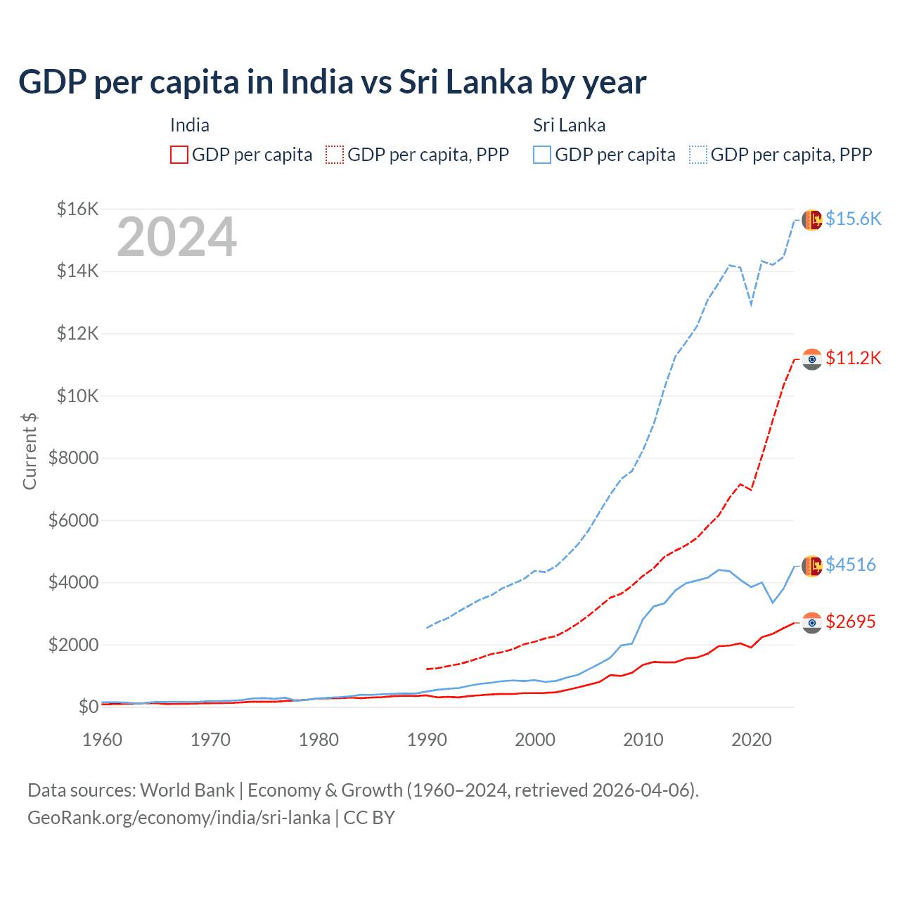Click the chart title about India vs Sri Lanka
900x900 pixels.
332,82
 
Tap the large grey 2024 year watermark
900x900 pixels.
176,238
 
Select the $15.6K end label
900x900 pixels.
853,219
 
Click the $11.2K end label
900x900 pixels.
853,358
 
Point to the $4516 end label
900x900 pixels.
850,565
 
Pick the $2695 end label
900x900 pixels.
850,622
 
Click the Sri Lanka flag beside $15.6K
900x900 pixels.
812,219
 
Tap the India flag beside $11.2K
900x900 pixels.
812,359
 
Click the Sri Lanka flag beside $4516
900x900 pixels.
812,565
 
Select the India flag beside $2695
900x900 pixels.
812,622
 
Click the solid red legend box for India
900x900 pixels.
179,155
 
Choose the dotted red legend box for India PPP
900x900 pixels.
335,155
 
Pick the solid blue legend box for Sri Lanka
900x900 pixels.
542,155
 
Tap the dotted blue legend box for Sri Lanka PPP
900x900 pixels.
698,155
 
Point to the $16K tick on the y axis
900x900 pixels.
77,209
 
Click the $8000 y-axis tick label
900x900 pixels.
73,458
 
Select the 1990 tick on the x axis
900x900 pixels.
427,740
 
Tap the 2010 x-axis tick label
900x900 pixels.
643,740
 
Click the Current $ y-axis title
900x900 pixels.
30,451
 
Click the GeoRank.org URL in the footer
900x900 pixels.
179,818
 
